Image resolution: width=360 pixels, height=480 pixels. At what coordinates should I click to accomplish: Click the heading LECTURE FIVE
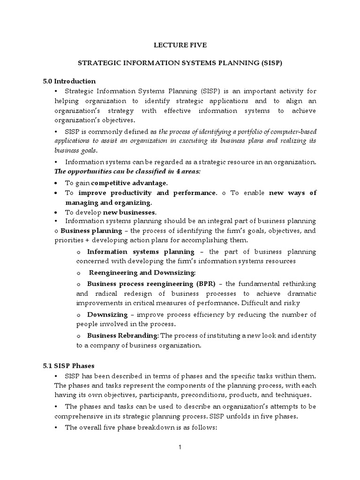180,45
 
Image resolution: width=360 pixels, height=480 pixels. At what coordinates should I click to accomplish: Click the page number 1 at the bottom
180,447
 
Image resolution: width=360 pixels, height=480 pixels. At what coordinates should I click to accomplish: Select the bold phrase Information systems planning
141,251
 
